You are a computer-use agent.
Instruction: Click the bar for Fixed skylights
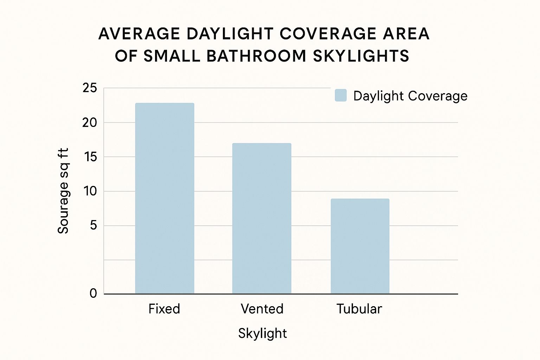click(x=165, y=198)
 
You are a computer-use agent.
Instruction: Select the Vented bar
click(x=262, y=218)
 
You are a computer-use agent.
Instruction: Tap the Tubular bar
click(x=360, y=246)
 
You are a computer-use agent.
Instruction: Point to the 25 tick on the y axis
click(x=90, y=88)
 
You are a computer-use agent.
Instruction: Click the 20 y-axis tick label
click(x=90, y=123)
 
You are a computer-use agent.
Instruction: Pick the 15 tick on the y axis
click(x=90, y=157)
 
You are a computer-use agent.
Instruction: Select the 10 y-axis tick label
click(x=90, y=191)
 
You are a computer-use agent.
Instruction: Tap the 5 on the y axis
click(x=93, y=225)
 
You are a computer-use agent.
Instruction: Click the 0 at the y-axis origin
click(x=93, y=293)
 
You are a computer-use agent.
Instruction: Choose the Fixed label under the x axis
click(x=164, y=309)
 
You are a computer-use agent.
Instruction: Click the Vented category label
click(x=262, y=309)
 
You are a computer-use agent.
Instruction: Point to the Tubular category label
click(x=359, y=309)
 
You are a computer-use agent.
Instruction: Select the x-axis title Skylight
click(x=262, y=333)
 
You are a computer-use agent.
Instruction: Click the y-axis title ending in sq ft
click(x=63, y=191)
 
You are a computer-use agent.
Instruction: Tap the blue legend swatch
click(x=341, y=95)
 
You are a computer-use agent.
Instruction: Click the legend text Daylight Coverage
click(x=410, y=96)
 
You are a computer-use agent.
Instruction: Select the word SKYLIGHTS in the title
click(x=361, y=56)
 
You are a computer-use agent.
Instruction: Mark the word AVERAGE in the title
click(x=139, y=34)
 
